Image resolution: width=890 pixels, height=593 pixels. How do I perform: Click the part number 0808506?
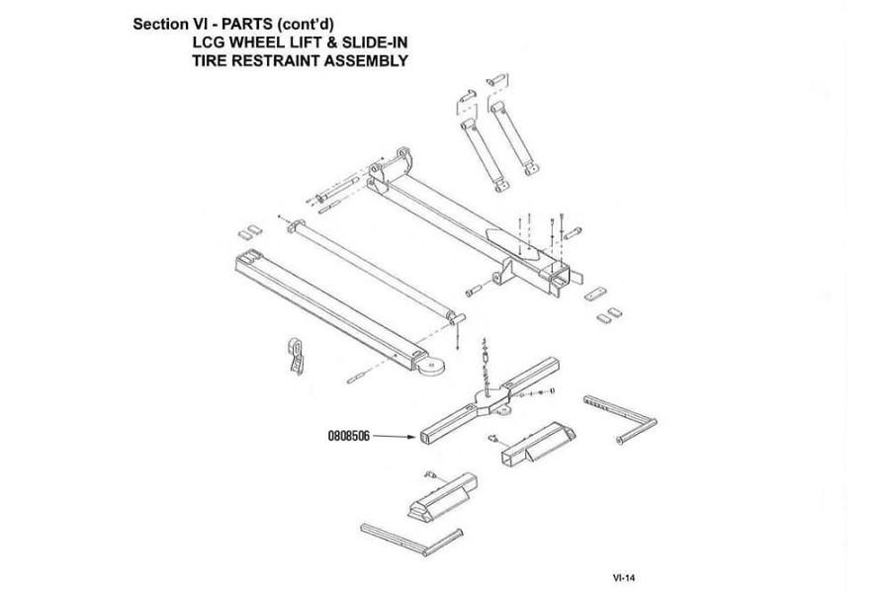[x=348, y=436]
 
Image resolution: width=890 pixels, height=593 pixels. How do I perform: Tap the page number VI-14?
[x=623, y=577]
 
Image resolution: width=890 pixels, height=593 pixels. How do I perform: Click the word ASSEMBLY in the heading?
[x=360, y=60]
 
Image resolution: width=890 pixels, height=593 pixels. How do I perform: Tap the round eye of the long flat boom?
[x=430, y=367]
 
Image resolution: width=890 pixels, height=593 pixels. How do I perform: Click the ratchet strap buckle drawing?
[x=297, y=357]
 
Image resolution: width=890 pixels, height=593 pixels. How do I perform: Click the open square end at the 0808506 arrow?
[x=425, y=438]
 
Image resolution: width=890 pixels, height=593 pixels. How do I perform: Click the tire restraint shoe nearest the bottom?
[x=443, y=496]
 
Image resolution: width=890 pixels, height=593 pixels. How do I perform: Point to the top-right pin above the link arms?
[x=496, y=80]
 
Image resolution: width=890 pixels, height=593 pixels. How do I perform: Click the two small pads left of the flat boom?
[x=249, y=231]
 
